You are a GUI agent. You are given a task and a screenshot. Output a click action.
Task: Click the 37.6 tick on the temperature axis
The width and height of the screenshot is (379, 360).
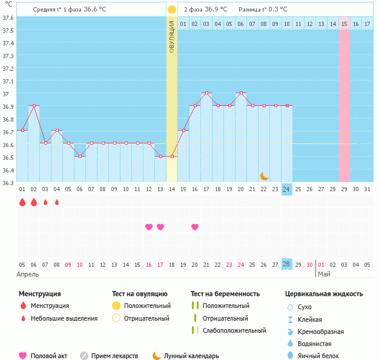click(x=8, y=18)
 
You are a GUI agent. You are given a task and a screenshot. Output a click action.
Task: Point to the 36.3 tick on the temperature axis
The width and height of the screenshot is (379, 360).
click(x=8, y=183)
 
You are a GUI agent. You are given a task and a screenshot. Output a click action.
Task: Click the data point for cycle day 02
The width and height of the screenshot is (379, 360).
click(x=34, y=105)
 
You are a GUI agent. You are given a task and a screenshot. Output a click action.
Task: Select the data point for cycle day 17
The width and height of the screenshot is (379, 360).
click(x=206, y=93)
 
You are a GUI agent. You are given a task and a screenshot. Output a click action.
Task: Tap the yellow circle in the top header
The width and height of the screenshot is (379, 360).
click(x=172, y=10)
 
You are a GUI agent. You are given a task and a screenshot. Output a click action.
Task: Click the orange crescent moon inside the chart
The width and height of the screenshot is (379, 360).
click(x=265, y=176)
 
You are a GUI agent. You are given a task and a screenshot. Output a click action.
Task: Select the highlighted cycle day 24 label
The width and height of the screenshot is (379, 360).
click(x=286, y=189)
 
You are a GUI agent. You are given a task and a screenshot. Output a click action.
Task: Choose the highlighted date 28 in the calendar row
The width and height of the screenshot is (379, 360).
click(x=286, y=264)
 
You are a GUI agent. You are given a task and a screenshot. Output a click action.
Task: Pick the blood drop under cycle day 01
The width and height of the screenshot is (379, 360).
click(x=22, y=202)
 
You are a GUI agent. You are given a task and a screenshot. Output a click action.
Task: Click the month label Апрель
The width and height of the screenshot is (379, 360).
click(x=28, y=274)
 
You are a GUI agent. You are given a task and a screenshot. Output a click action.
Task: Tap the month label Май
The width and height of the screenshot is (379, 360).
click(x=324, y=274)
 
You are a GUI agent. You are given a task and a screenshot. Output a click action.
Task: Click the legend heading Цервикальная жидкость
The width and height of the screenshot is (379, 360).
click(x=324, y=294)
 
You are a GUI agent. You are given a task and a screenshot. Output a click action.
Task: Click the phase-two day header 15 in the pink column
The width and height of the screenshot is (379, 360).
click(x=344, y=24)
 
